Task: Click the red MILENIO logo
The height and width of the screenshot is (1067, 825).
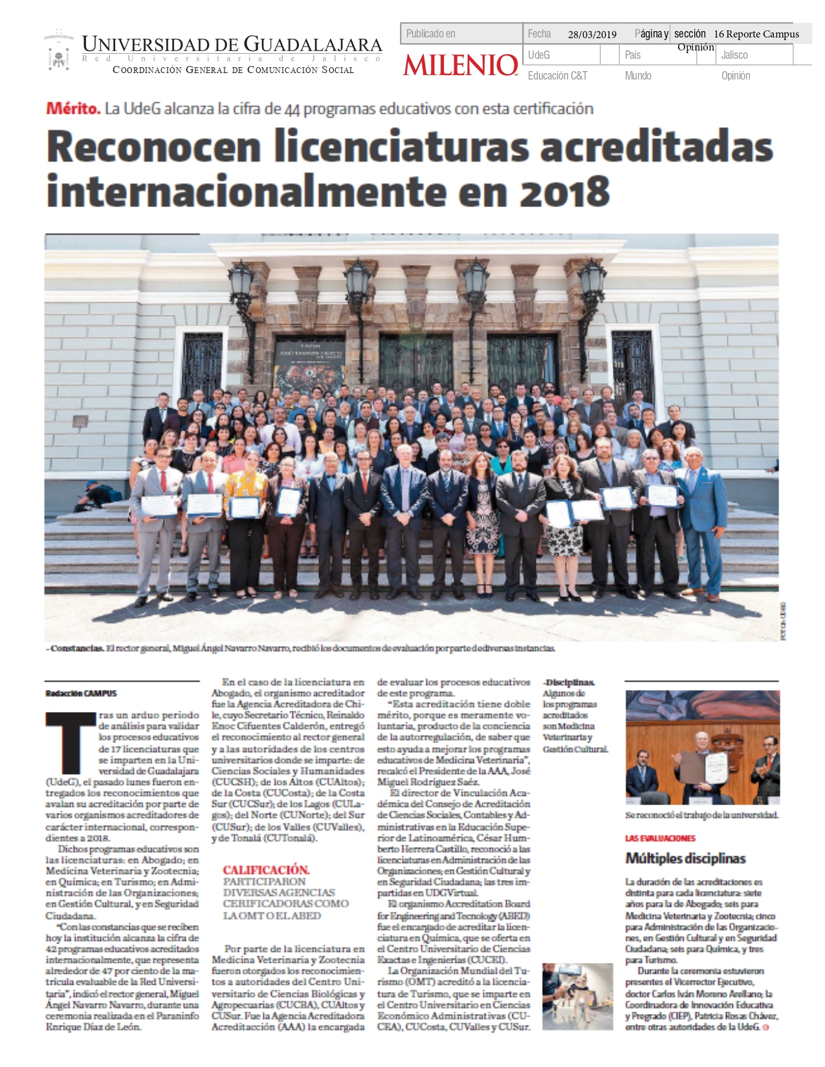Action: tap(461, 65)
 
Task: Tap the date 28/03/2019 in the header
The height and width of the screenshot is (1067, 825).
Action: tap(592, 34)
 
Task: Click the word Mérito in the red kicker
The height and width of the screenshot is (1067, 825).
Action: tap(73, 109)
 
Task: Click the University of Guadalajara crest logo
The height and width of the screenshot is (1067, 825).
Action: tap(59, 50)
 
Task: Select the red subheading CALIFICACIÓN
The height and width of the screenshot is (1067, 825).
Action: tap(266, 870)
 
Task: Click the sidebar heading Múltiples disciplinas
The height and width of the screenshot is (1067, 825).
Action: tap(685, 859)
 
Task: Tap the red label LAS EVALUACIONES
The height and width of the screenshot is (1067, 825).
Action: tap(660, 838)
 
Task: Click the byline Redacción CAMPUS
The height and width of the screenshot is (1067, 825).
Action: tap(81, 693)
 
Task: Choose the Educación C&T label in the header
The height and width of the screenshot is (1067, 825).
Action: tap(557, 76)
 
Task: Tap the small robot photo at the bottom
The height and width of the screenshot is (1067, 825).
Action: tap(577, 996)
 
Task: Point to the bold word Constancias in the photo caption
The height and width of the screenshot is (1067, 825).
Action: tap(76, 648)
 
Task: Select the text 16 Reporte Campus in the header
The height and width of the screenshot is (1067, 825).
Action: tap(756, 34)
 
